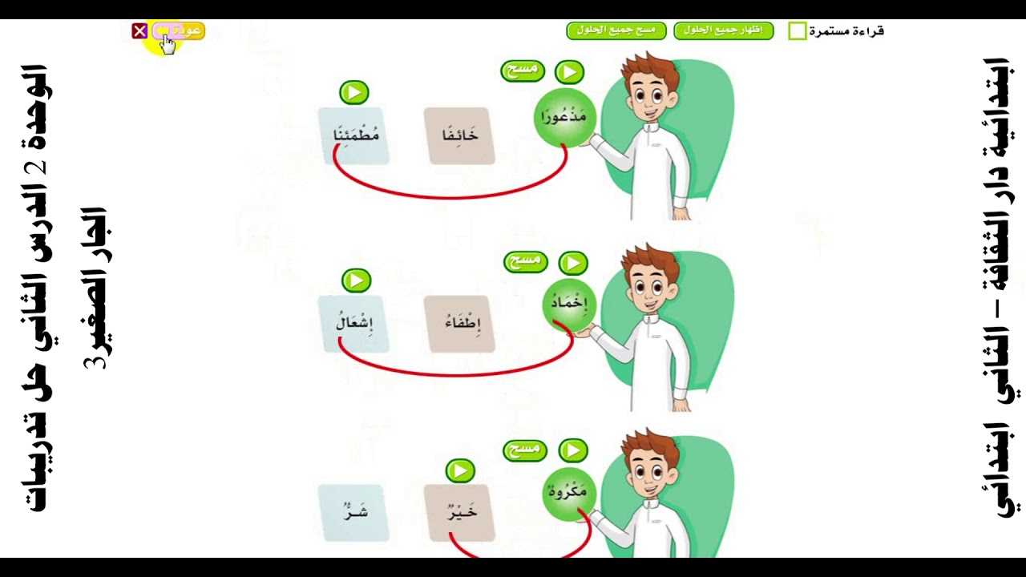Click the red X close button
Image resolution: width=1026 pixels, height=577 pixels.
coord(139,31)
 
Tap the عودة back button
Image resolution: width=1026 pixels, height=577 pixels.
coord(178,31)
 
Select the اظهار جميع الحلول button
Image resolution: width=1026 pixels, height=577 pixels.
coord(724,30)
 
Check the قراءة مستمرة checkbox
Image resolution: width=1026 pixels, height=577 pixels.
coord(798,31)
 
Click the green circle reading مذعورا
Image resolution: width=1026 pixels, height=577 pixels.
coord(563,118)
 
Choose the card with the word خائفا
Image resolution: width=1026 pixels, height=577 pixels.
coord(459,136)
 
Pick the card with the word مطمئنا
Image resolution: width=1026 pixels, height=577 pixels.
coord(354,136)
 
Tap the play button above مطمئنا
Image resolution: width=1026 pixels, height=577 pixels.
coord(354,92)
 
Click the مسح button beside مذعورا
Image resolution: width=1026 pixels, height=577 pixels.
coord(522,71)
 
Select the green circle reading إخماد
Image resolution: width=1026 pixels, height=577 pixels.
coord(569,305)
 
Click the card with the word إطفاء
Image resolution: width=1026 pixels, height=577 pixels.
coord(459,325)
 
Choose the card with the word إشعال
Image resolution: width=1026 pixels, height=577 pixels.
coord(354,325)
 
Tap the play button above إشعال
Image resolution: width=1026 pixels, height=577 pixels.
coord(357,280)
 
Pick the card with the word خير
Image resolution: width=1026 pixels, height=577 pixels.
coord(459,513)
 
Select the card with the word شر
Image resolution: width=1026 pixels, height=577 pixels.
coord(354,513)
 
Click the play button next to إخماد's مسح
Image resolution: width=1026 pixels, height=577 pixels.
coord(573,264)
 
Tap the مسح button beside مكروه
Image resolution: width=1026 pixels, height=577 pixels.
coord(525,450)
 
